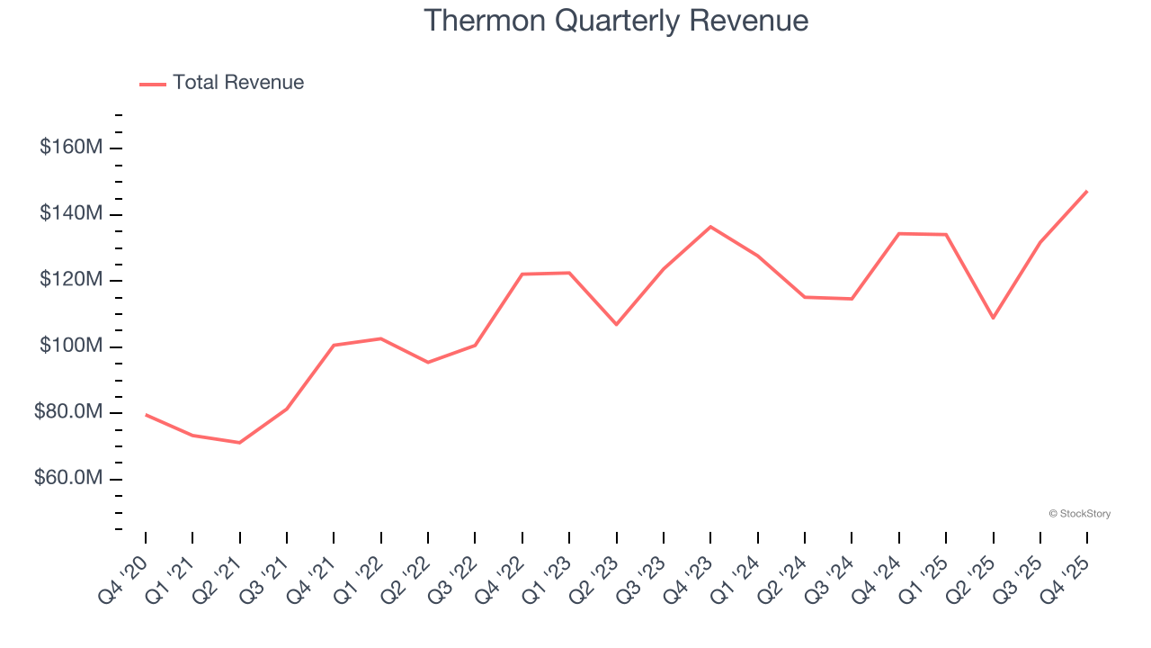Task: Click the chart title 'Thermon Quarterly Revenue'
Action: (x=616, y=21)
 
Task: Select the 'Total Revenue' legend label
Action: (x=238, y=83)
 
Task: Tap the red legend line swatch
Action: (x=153, y=84)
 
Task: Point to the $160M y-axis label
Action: (x=70, y=147)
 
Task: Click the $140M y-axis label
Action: (x=70, y=213)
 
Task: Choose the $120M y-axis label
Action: (x=70, y=280)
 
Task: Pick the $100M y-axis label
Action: (x=70, y=346)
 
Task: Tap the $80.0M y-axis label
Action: (x=68, y=413)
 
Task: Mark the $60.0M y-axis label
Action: (x=68, y=479)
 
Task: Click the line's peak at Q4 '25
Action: (x=1087, y=191)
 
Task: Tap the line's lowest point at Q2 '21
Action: (x=239, y=443)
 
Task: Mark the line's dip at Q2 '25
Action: (x=993, y=318)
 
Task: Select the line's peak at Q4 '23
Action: (x=710, y=227)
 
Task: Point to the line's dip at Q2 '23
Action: (x=616, y=324)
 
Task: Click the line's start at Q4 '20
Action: (x=146, y=415)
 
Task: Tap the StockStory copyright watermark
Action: (x=1079, y=514)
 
